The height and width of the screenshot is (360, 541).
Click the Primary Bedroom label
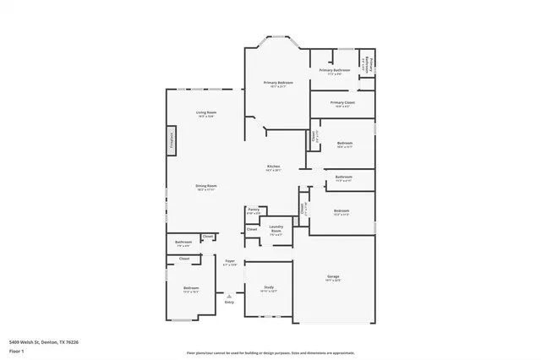[278, 83]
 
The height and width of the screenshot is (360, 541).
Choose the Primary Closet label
[342, 102]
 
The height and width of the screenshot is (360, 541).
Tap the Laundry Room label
[276, 228]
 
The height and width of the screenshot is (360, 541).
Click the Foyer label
[229, 262]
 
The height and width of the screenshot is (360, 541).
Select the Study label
[269, 287]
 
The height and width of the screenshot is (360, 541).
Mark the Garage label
[333, 276]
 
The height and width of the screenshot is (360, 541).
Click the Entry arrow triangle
[228, 295]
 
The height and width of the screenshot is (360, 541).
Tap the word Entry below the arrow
[228, 302]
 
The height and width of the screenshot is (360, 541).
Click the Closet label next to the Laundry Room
[251, 229]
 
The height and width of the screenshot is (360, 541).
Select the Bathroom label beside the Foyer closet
[183, 243]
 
